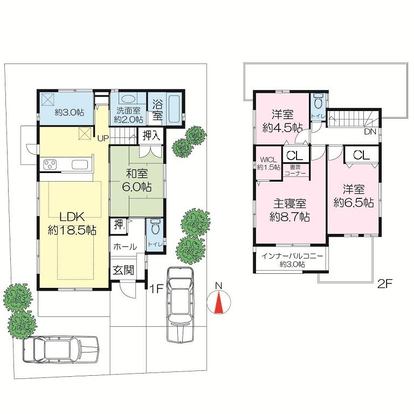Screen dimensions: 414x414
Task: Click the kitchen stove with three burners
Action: [51, 165]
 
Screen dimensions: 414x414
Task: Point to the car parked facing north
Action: [180, 304]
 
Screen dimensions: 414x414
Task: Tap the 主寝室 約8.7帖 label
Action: [289, 210]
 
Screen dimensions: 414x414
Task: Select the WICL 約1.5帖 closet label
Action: [268, 163]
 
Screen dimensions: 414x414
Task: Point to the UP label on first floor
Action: [103, 137]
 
